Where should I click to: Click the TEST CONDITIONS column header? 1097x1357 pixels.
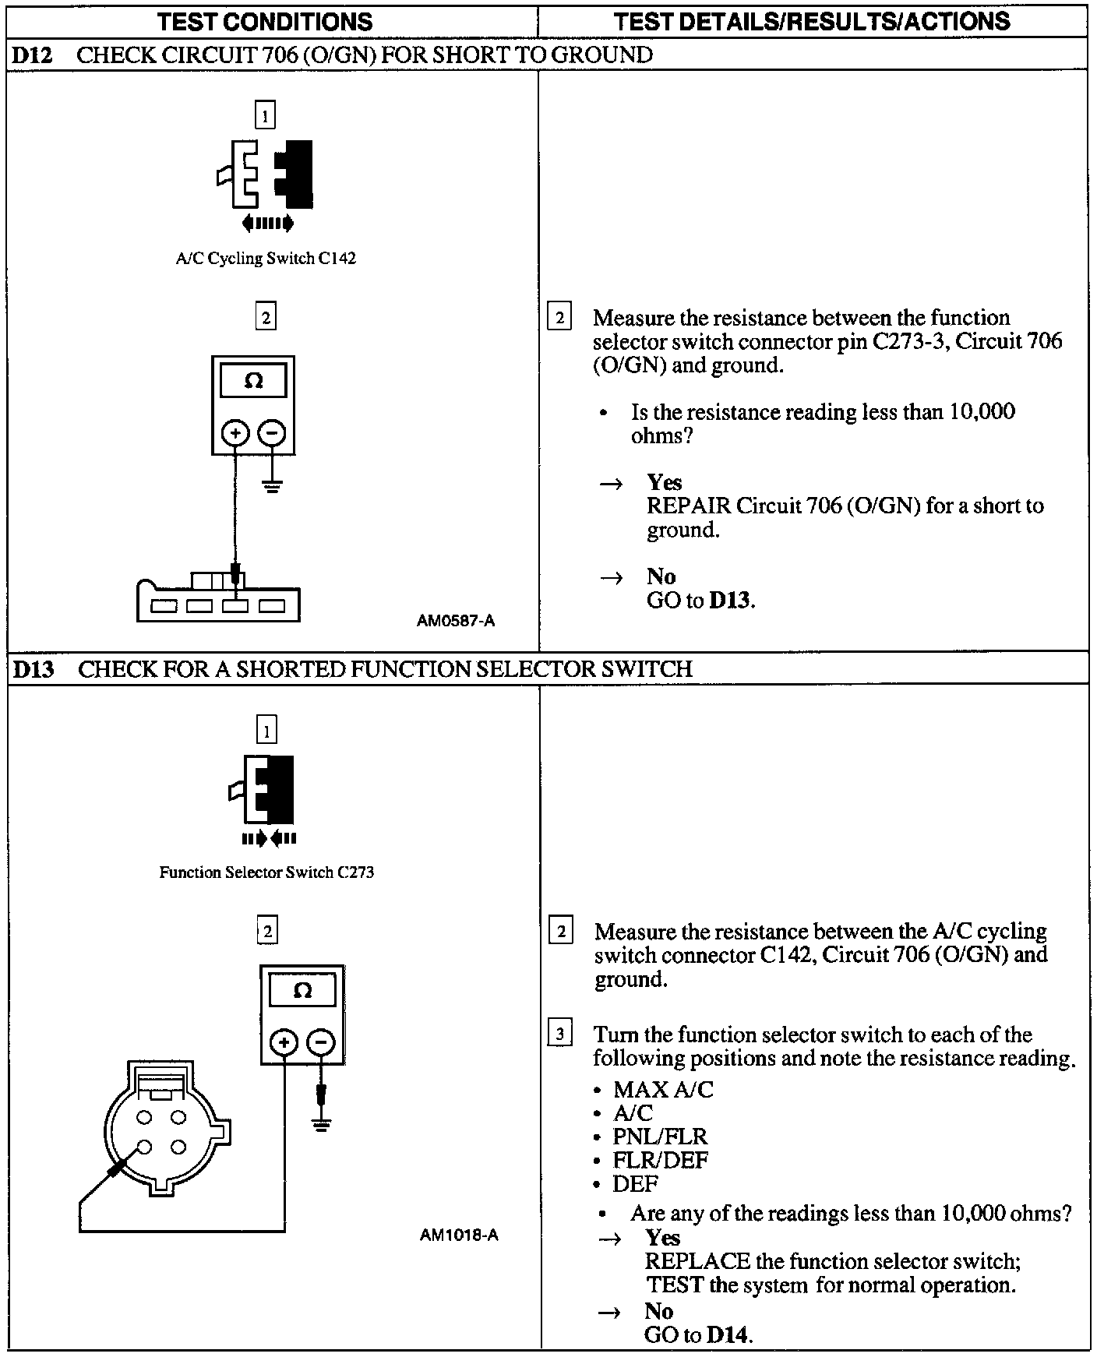265,21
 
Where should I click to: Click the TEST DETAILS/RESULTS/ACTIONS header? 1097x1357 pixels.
812,21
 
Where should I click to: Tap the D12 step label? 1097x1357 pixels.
32,55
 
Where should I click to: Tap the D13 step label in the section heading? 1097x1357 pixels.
34,669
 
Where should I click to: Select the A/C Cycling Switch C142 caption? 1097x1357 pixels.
266,259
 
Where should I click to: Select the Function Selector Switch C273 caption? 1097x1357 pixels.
266,872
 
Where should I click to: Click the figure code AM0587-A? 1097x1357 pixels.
456,621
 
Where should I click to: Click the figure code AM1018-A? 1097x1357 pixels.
459,1235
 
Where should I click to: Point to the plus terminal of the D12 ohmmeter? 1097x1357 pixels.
235,432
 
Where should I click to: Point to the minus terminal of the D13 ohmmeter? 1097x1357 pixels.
320,1042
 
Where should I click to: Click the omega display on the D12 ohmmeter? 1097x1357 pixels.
253,382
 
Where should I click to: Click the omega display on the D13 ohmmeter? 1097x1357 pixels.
302,991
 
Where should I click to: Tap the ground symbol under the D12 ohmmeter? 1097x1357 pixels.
272,488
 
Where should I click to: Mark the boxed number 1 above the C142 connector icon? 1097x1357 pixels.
266,117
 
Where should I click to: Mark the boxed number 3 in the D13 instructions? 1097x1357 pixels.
561,1034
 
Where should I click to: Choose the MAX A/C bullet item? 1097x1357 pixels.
662,1090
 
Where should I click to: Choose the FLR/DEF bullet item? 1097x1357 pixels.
660,1160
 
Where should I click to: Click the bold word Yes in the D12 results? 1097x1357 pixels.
664,482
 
